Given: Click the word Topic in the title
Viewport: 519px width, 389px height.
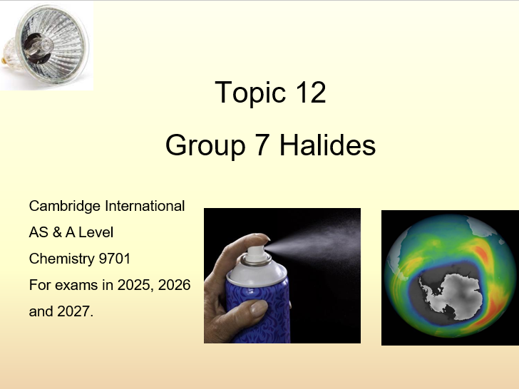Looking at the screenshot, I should [x=245, y=93].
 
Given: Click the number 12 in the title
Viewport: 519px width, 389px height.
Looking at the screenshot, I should [x=308, y=93].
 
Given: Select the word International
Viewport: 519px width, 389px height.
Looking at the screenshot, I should [x=145, y=207].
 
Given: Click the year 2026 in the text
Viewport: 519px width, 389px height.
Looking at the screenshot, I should [x=173, y=285].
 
